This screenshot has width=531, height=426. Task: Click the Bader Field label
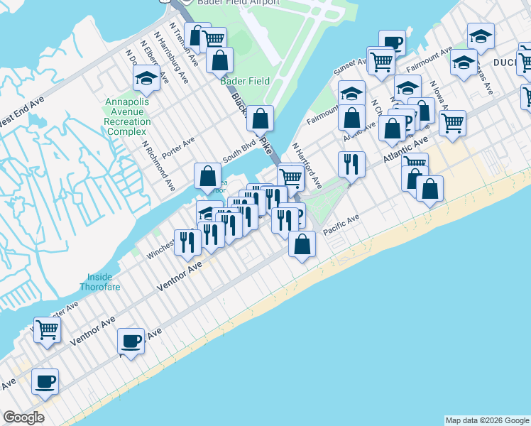245,81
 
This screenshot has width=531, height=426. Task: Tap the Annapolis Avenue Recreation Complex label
127,116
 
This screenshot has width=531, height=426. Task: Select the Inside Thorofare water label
105,282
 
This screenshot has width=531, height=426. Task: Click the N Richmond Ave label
158,165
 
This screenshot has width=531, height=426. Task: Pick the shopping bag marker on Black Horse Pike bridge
261,119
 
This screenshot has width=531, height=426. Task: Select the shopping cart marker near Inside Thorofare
47,328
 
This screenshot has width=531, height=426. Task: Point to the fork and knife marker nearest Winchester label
187,241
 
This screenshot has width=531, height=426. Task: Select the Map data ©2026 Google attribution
487,420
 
